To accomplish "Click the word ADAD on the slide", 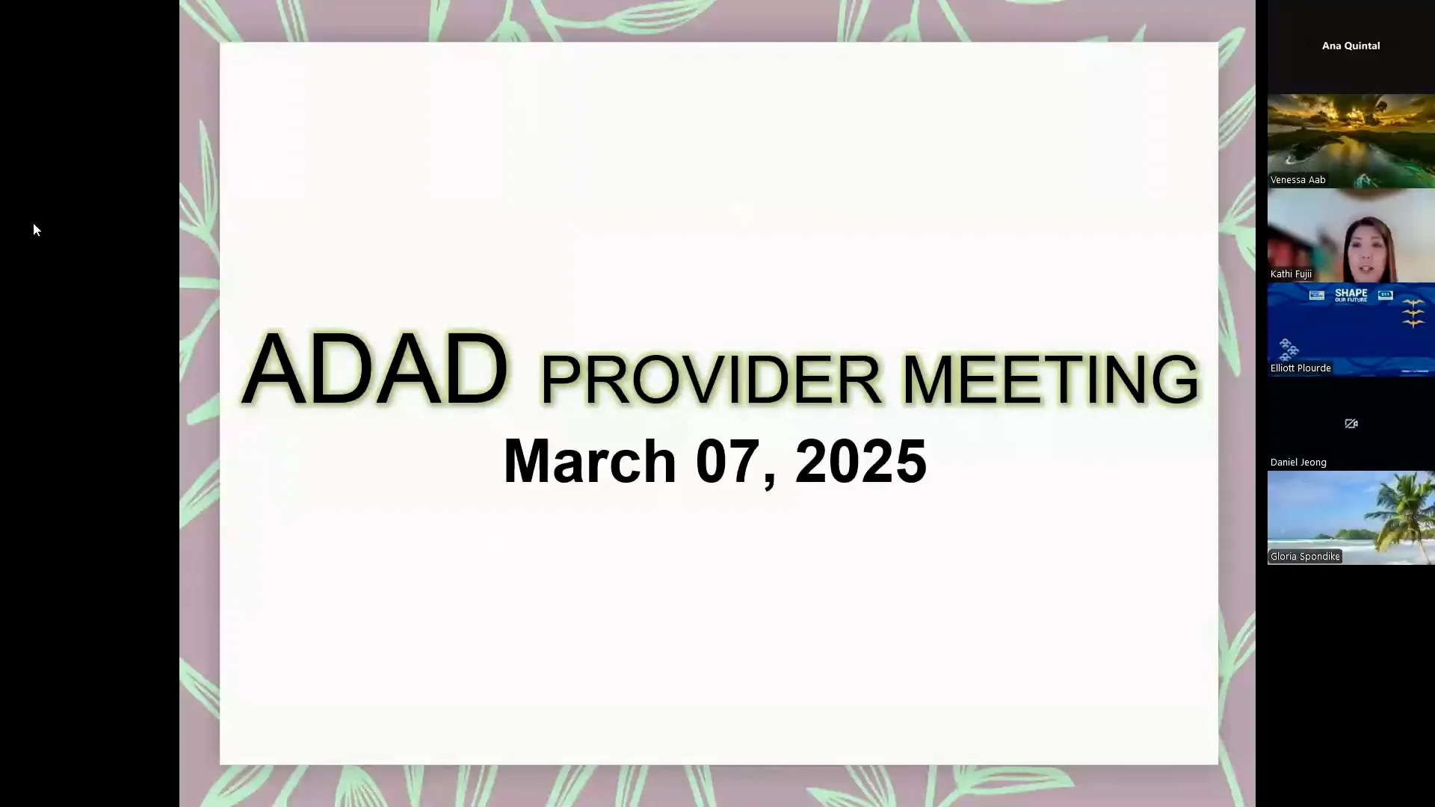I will tap(375, 369).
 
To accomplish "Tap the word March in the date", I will tap(590, 461).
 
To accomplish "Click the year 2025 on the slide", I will tap(861, 461).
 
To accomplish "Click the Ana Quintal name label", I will tap(1351, 46).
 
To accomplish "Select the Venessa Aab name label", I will tap(1297, 179).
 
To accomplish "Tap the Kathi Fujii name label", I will tap(1291, 273).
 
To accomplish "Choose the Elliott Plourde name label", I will tap(1300, 368).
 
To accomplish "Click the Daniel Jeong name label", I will tap(1298, 462).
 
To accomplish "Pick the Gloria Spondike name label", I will tap(1305, 556).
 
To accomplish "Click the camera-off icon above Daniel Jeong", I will tap(1351, 424).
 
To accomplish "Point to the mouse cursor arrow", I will tap(36, 229).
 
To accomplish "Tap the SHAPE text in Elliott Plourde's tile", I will tap(1351, 294).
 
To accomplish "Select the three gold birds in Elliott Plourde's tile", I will tap(1413, 313).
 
